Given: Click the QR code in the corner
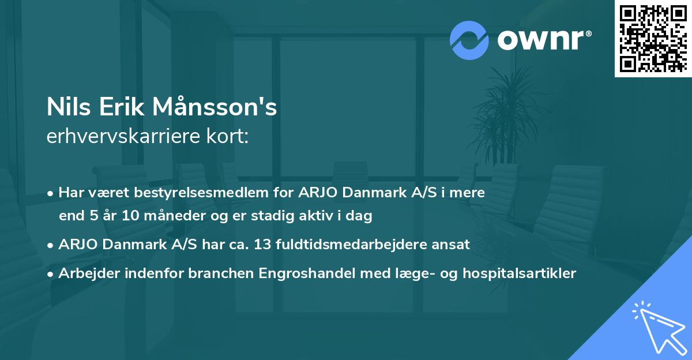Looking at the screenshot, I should pyautogui.click(x=653, y=39).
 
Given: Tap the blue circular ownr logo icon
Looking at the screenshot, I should pyautogui.click(x=469, y=40).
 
